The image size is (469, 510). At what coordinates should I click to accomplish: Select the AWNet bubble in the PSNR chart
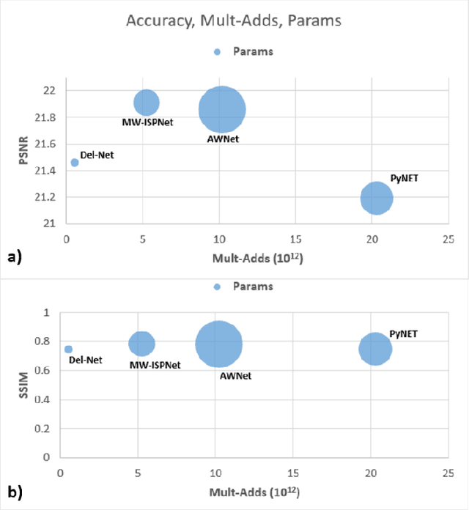[x=221, y=110]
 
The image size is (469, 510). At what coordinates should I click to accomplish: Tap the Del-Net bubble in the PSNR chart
[x=74, y=163]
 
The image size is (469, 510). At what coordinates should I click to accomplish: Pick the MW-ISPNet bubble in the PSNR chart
[x=147, y=103]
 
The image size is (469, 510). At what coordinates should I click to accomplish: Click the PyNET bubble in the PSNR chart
[x=377, y=198]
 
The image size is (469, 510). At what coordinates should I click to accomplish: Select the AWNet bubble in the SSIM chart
[x=218, y=344]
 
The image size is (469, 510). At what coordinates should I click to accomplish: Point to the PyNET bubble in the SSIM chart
[x=375, y=349]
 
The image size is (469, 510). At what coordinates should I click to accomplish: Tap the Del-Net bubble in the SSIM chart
[x=68, y=350]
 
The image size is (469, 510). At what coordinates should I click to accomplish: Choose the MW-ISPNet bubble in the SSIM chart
[x=141, y=343]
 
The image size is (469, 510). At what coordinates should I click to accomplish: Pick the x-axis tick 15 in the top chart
[x=296, y=239]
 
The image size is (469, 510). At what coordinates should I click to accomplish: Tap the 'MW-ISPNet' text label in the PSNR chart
[x=147, y=122]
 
